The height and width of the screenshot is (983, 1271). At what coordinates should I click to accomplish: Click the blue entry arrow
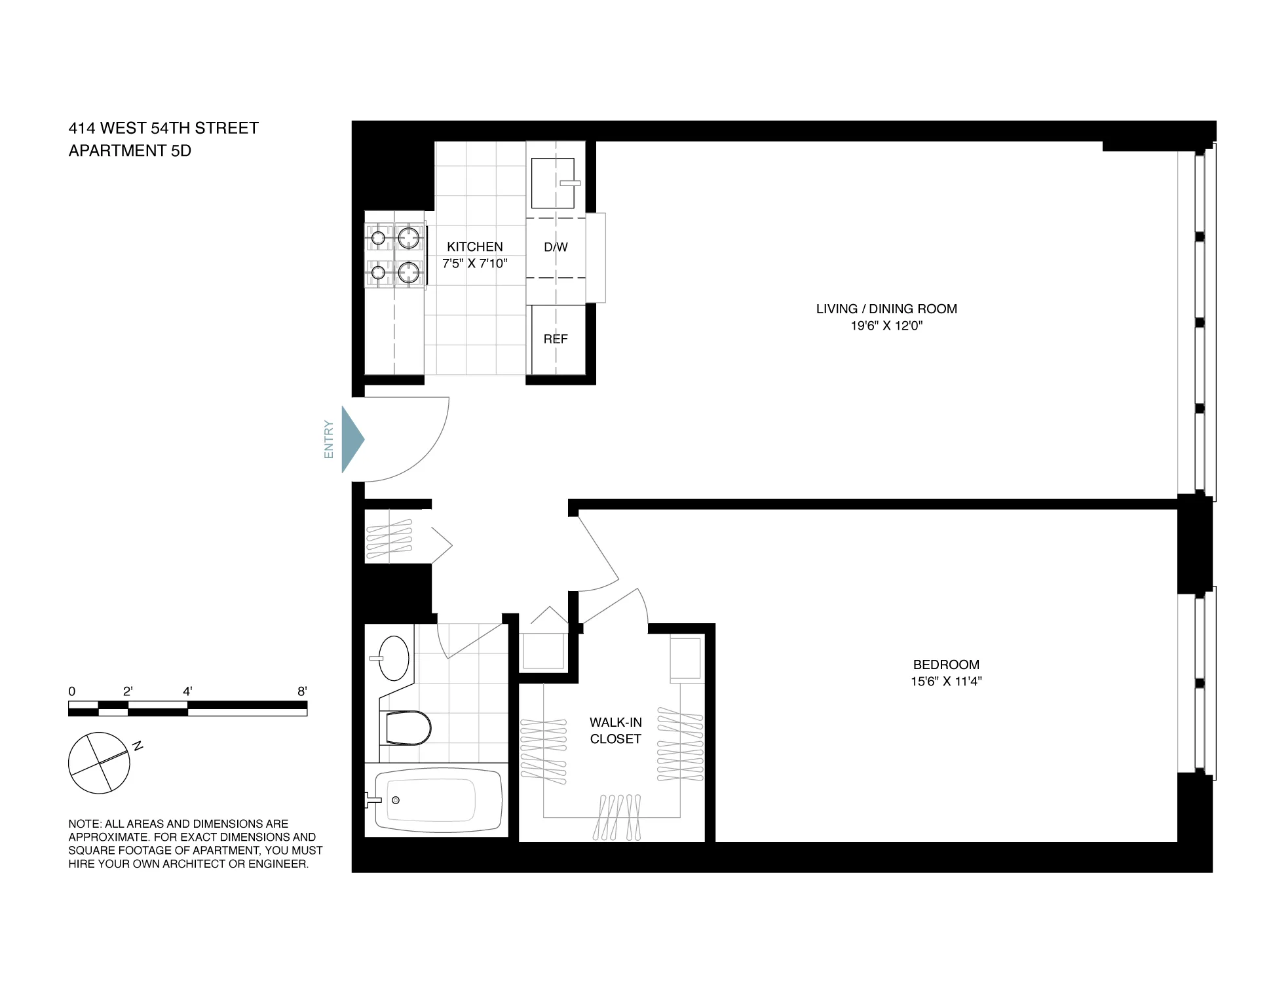click(x=352, y=439)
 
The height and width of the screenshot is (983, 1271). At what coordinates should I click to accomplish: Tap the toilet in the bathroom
click(x=408, y=728)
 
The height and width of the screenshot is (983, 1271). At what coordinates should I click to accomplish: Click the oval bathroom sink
click(x=394, y=658)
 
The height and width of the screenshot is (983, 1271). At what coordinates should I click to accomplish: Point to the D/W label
click(x=556, y=247)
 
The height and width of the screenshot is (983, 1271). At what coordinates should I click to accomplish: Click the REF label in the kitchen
click(x=556, y=339)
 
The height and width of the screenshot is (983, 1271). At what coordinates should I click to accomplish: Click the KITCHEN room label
click(x=475, y=246)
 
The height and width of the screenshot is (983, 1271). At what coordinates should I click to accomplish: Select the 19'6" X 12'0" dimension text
click(x=886, y=326)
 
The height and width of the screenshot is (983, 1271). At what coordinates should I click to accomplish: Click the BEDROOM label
click(x=946, y=665)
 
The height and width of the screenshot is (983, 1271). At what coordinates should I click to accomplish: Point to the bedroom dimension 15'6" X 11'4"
click(x=946, y=681)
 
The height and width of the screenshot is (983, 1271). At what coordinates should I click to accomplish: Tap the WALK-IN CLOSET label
click(x=615, y=730)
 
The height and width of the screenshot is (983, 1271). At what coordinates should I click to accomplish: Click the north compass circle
click(x=99, y=763)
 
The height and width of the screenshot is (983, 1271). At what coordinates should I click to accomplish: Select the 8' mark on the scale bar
click(x=302, y=691)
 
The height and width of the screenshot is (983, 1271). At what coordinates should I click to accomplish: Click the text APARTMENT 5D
click(x=130, y=151)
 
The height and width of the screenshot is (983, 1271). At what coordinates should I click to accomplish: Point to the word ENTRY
click(x=329, y=439)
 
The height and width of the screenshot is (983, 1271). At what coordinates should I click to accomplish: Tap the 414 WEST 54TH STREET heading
click(x=164, y=128)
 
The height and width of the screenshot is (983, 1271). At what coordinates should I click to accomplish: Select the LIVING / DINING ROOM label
click(x=886, y=309)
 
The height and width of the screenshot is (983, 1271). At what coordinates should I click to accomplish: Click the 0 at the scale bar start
click(x=72, y=691)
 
